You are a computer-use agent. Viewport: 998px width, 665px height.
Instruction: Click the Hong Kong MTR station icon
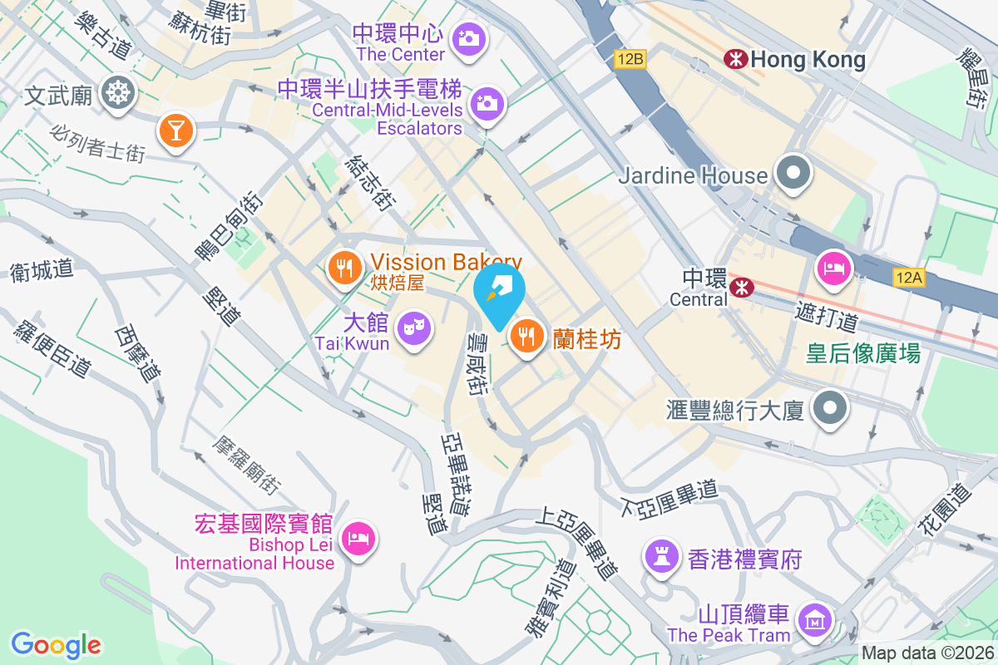point(734,59)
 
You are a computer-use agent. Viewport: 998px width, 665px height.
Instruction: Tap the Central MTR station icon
point(740,288)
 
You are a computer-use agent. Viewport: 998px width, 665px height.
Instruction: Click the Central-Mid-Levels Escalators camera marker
point(487,104)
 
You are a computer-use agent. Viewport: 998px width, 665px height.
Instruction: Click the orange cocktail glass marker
point(175,130)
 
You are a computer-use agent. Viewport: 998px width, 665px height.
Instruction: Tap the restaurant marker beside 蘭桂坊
point(526,337)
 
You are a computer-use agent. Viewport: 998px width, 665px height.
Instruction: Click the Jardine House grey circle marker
point(793,175)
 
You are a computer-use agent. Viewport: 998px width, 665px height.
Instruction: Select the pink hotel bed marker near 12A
point(832,268)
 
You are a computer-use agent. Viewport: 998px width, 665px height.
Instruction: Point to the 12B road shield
point(630,59)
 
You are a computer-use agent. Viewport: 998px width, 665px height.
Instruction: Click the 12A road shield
point(909,278)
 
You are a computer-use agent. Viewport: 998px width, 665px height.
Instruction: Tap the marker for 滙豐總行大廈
point(829,408)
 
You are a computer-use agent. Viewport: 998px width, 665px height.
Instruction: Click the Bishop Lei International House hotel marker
point(359,538)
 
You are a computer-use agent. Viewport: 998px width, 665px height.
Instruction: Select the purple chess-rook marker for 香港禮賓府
point(662,558)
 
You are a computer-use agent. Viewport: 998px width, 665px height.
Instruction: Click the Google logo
point(56,644)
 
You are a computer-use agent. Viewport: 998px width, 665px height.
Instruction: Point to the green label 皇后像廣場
point(863,354)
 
